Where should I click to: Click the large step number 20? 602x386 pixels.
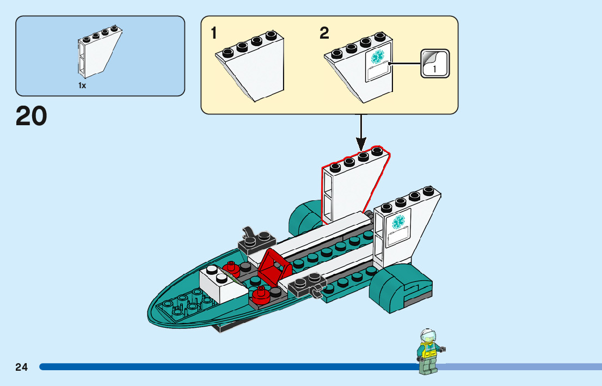[32, 116]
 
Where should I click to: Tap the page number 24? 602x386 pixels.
[22, 367]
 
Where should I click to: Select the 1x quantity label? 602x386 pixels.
[82, 85]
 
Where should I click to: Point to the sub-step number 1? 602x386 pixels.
[214, 33]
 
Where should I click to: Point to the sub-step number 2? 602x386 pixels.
[324, 33]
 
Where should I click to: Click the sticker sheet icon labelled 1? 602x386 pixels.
[435, 63]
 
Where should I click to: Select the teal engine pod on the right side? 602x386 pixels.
[400, 290]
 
